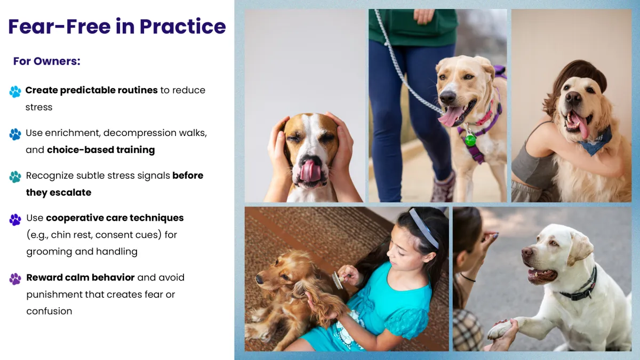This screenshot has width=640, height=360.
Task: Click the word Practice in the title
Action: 183,27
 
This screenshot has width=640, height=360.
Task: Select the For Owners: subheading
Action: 47,61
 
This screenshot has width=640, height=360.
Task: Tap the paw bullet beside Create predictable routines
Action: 15,92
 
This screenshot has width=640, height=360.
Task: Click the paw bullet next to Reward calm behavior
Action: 15,279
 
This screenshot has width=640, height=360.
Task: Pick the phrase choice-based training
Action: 101,150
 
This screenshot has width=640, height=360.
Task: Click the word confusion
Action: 49,311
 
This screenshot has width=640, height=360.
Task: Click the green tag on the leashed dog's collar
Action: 470,140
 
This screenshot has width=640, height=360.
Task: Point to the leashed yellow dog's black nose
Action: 447,97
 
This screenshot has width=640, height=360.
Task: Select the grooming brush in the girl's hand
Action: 339,280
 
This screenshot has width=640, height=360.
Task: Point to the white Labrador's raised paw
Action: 502,330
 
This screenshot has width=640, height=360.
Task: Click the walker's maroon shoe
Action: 443,187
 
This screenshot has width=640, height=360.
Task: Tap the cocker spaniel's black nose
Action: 259,279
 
